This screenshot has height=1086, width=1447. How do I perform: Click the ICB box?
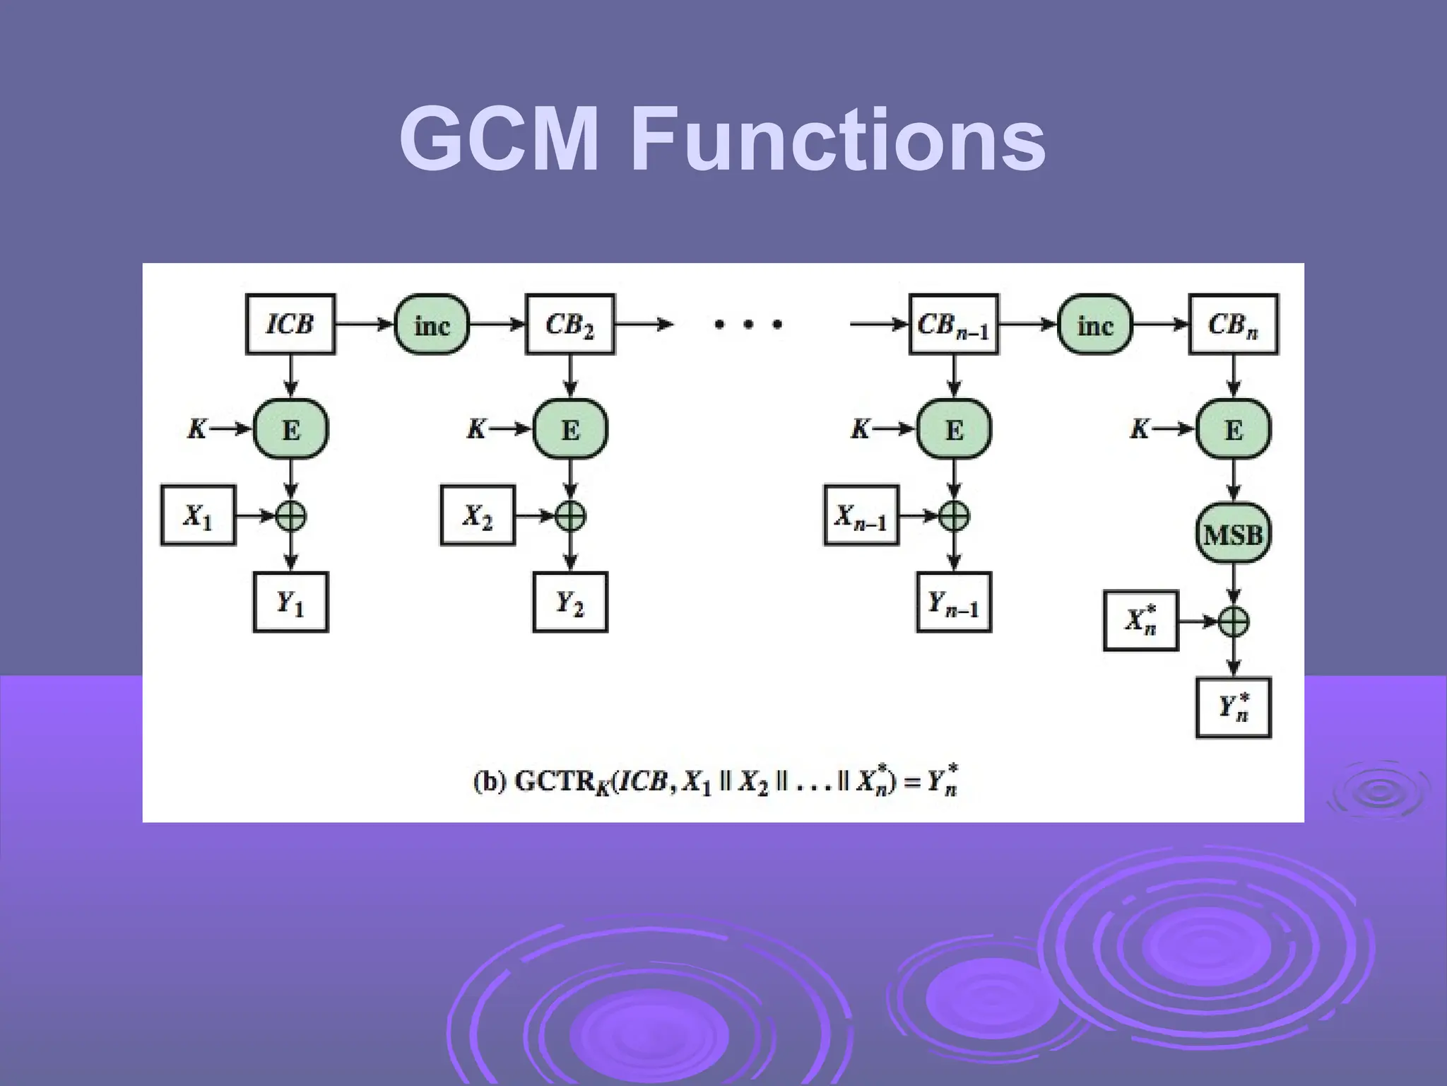290,325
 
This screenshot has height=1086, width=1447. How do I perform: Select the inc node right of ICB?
432,325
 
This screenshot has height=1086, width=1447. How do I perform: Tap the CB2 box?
569,325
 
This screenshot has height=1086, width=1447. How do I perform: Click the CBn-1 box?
953,325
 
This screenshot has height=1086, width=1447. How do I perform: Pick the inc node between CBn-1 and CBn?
1094,325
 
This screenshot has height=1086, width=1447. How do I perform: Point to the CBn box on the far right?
1233,325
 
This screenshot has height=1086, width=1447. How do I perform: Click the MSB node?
1233,534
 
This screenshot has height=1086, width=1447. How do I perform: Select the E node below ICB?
290,429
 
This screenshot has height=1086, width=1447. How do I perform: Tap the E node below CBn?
1233,429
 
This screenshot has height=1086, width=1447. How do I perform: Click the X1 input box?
198,515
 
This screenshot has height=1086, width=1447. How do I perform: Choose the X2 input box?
478,515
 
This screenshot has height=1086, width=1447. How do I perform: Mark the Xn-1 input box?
861,515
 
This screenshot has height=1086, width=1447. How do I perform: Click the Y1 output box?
290,602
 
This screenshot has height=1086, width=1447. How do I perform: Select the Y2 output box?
569,602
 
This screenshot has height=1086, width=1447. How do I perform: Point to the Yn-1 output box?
953,602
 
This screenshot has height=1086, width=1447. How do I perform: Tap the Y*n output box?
1233,707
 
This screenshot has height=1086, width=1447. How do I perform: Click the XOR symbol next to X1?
290,516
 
